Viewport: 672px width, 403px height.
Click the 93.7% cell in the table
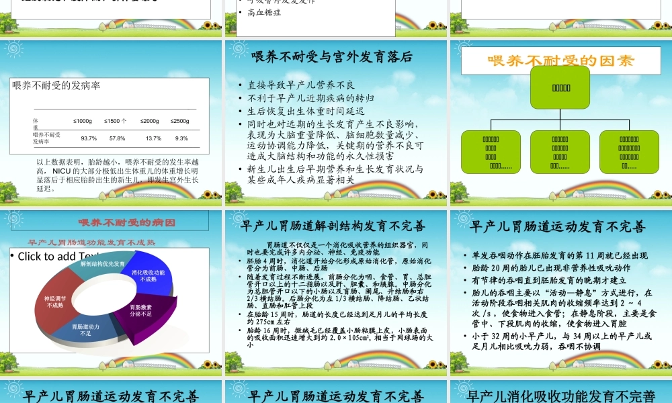coord(88,138)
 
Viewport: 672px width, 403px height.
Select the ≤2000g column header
coord(150,121)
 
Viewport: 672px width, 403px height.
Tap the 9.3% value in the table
coord(181,138)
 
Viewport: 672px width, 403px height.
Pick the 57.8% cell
coord(117,138)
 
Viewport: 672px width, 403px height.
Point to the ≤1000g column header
coord(83,121)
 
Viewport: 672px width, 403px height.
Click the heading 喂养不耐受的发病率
coord(56,85)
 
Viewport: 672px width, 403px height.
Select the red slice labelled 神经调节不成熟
coord(55,302)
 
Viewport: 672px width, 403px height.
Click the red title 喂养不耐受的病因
coord(127,222)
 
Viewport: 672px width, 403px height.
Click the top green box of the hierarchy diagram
coord(561,87)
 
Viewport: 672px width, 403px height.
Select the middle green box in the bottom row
coord(560,152)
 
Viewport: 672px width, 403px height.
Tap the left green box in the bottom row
coord(491,152)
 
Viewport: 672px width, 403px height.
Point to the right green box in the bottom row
coord(629,152)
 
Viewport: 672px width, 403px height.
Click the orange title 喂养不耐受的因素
coord(560,60)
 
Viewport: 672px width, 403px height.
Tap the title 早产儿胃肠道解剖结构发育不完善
coord(336,226)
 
